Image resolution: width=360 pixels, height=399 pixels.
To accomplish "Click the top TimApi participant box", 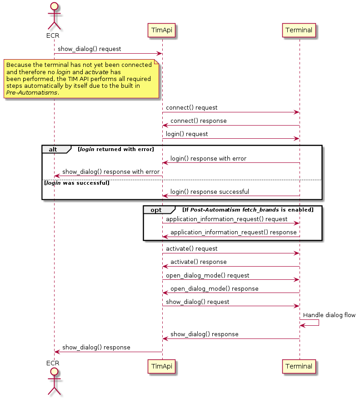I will pyautogui.click(x=162, y=30).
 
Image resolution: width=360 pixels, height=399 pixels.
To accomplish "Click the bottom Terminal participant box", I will pyautogui.click(x=299, y=366).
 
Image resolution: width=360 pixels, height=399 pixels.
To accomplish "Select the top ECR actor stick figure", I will pyautogui.click(x=54, y=16).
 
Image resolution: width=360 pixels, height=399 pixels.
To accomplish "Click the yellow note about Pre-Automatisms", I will pyautogui.click(x=81, y=79).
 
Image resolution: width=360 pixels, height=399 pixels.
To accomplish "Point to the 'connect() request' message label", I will pyautogui.click(x=191, y=108).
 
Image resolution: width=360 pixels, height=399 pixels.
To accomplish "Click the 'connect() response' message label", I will pyautogui.click(x=198, y=121).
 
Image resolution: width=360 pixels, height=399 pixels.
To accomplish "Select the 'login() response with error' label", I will pyautogui.click(x=208, y=159).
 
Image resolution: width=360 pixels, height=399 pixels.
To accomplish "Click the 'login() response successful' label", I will pyautogui.click(x=210, y=192).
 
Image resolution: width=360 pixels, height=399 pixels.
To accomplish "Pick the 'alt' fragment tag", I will pyautogui.click(x=54, y=149).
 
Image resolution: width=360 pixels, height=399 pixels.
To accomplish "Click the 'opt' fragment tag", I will pyautogui.click(x=156, y=210).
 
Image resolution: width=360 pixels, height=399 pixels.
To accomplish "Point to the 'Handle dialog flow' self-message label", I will pyautogui.click(x=329, y=315).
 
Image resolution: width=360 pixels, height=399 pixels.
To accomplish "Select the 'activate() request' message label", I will pyautogui.click(x=191, y=249).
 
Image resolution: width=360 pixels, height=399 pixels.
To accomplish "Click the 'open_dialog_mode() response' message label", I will pyautogui.click(x=214, y=289).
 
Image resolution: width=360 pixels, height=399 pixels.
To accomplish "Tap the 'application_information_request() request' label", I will pyautogui.click(x=226, y=219).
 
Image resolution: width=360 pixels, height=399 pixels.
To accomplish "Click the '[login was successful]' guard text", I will pyautogui.click(x=76, y=183).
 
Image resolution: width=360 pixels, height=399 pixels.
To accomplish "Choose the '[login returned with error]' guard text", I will pyautogui.click(x=115, y=149).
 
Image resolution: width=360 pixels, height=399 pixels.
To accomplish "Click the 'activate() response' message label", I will pyautogui.click(x=198, y=262).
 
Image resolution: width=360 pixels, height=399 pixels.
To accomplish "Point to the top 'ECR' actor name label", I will pyautogui.click(x=53, y=35).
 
